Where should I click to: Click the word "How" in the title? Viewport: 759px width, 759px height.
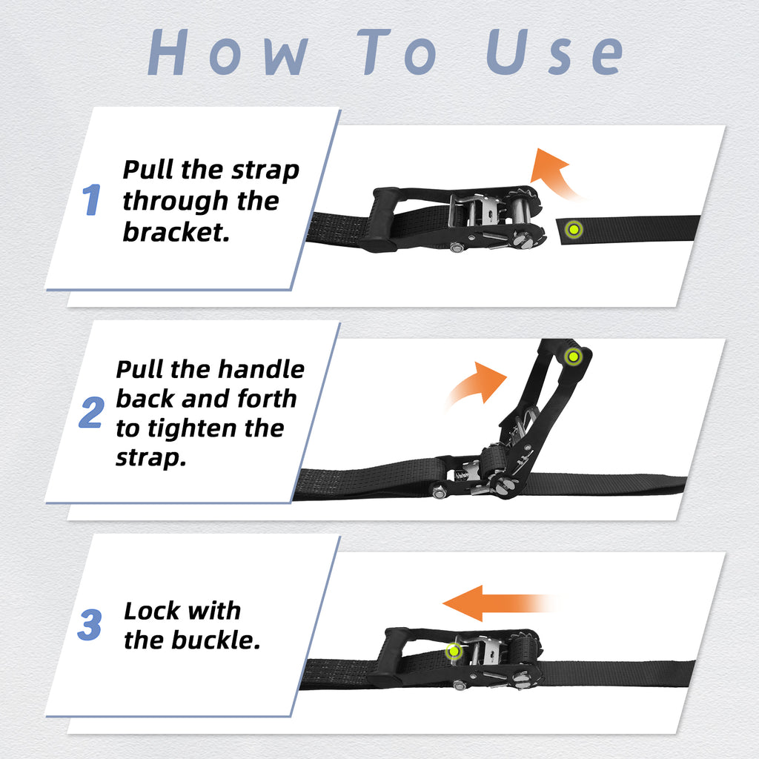[227, 53]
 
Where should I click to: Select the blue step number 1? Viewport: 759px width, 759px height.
[91, 200]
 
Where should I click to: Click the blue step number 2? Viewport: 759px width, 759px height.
[91, 413]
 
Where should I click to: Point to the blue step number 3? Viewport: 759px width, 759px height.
[90, 626]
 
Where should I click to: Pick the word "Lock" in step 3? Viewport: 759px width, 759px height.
[151, 611]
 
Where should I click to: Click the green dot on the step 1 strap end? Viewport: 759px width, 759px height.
[572, 229]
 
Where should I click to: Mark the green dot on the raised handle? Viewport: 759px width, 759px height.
[572, 357]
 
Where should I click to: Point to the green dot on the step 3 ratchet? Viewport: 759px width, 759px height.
[454, 652]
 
